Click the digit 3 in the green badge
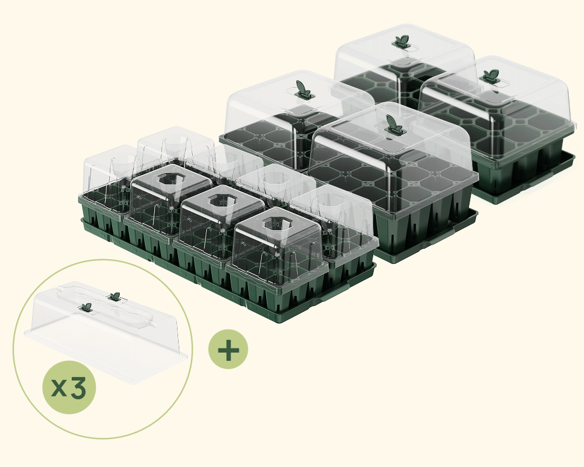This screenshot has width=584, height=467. point(78,388)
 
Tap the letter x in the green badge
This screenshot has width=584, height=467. point(59,388)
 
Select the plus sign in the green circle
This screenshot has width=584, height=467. point(228,349)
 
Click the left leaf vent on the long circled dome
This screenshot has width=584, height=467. point(86,307)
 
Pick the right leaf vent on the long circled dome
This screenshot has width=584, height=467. point(114,297)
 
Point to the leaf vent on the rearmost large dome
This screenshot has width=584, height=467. point(402,41)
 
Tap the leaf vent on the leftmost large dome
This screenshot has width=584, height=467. point(303,90)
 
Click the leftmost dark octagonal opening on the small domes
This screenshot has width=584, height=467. point(170,179)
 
